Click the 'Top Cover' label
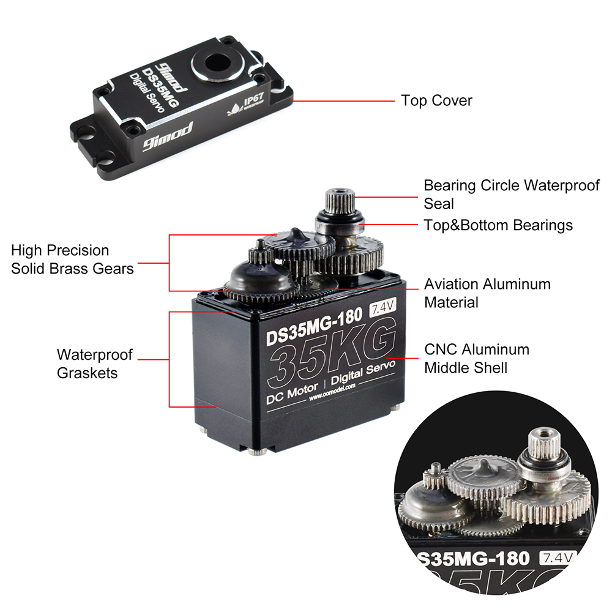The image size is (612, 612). tap(436, 100)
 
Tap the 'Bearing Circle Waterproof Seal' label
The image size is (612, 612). tap(511, 193)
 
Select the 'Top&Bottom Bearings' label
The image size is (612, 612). tap(498, 225)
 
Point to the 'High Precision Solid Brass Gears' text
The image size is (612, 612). tap(72, 259)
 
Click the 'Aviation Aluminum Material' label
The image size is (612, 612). tap(487, 293)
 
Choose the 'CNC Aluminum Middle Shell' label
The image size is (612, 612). tap(477, 358)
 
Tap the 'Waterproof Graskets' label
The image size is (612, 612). tap(94, 364)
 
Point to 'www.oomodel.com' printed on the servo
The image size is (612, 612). tap(334, 397)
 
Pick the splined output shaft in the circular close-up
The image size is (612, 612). tap(542, 441)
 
